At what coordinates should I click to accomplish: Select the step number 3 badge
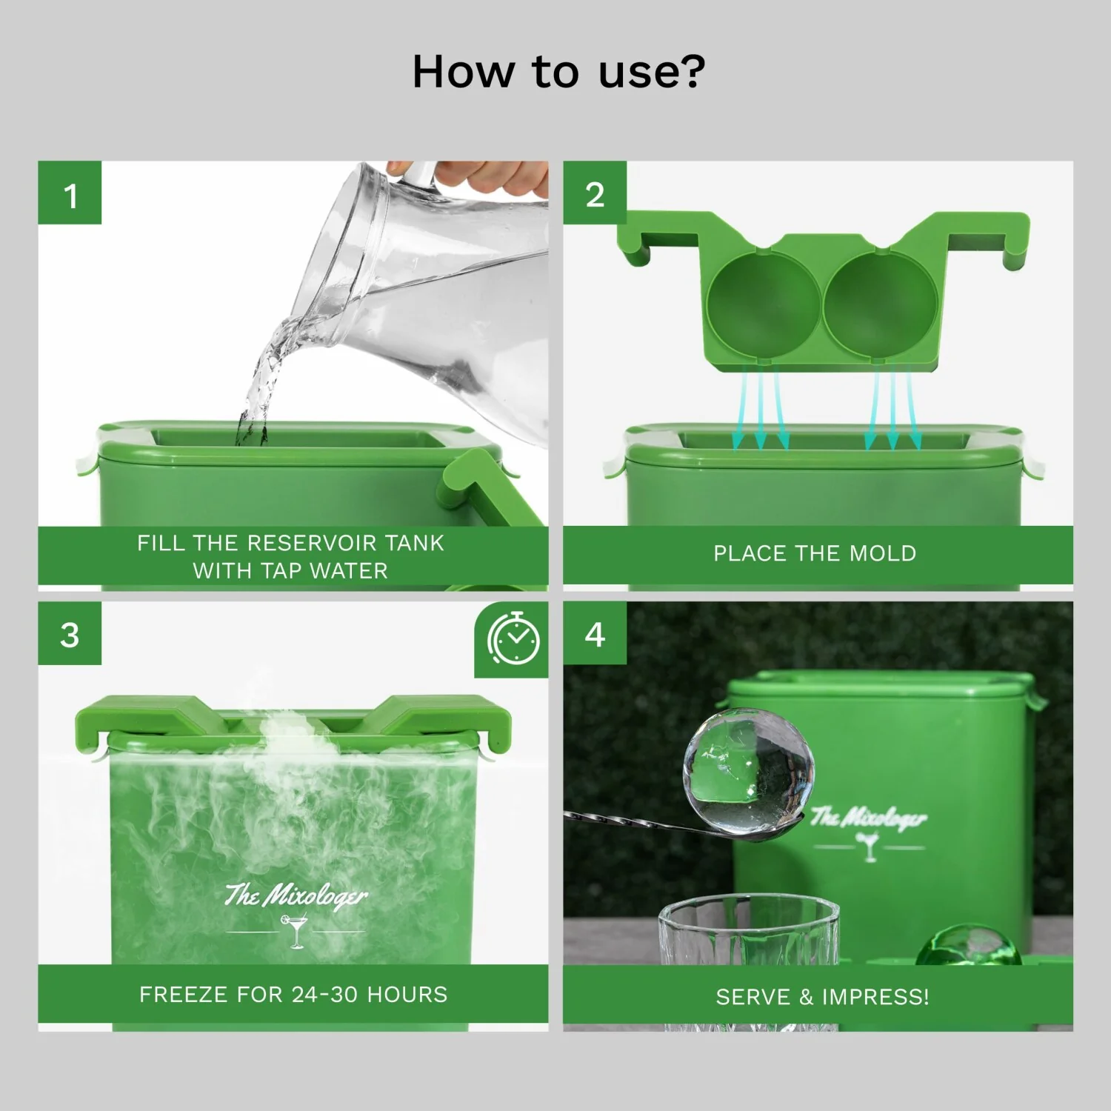point(70,634)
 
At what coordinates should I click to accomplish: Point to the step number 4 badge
point(595,634)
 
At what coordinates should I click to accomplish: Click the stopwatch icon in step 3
point(513,638)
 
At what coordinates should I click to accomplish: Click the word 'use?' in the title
point(652,72)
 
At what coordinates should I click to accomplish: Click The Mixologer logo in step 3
point(296,895)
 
